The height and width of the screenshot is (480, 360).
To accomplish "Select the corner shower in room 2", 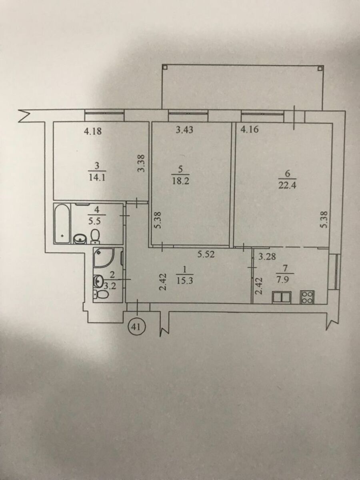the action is tap(103, 258).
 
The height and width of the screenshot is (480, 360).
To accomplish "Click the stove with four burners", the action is tap(307, 297).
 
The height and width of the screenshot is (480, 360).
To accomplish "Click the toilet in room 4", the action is tap(95, 236).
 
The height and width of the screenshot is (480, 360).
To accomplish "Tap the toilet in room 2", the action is tap(101, 294).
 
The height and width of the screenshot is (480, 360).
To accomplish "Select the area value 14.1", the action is tap(97, 177).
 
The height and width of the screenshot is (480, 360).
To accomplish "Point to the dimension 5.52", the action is tap(206, 254).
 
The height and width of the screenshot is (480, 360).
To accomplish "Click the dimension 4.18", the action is tap(93, 132).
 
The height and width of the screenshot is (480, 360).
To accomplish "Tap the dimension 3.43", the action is tap(185, 130).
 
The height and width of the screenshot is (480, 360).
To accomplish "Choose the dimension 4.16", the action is tap(249, 130).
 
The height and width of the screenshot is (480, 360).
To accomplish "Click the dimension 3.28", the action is tap(267, 257).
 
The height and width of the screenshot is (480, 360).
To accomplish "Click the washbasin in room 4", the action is tap(79, 239).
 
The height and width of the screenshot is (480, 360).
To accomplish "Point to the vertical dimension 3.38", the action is tap(142, 163).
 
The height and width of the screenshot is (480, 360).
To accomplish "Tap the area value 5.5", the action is tap(98, 222).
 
